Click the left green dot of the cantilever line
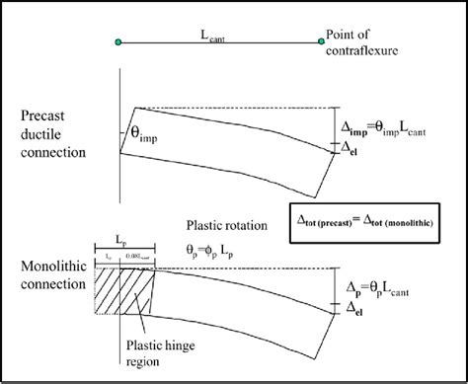coord(118,41)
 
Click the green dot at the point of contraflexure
coord(321,41)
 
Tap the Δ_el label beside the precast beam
coord(351,150)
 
